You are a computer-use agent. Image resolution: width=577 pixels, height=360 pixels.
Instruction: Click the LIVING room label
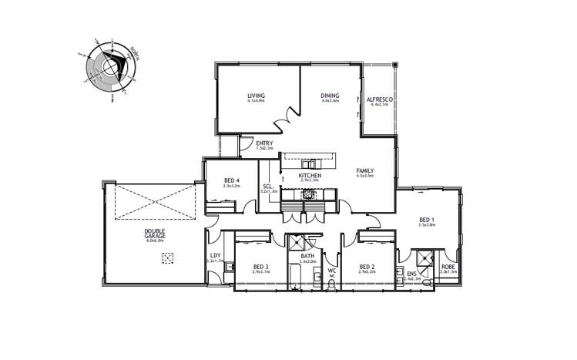pyautogui.click(x=256, y=96)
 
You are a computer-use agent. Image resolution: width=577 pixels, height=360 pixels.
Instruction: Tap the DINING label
pyautogui.click(x=330, y=96)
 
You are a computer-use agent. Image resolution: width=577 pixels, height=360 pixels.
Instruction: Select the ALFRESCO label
pyautogui.click(x=380, y=99)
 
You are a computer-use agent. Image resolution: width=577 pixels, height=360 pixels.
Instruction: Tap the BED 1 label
pyautogui.click(x=428, y=219)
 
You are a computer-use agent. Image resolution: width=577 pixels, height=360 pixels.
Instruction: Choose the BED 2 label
pyautogui.click(x=367, y=267)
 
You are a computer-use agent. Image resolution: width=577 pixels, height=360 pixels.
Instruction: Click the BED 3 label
pyautogui.click(x=260, y=267)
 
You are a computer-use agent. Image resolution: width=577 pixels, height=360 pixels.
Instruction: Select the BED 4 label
pyautogui.click(x=230, y=181)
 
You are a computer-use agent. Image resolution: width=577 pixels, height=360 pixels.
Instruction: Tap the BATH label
pyautogui.click(x=307, y=257)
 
